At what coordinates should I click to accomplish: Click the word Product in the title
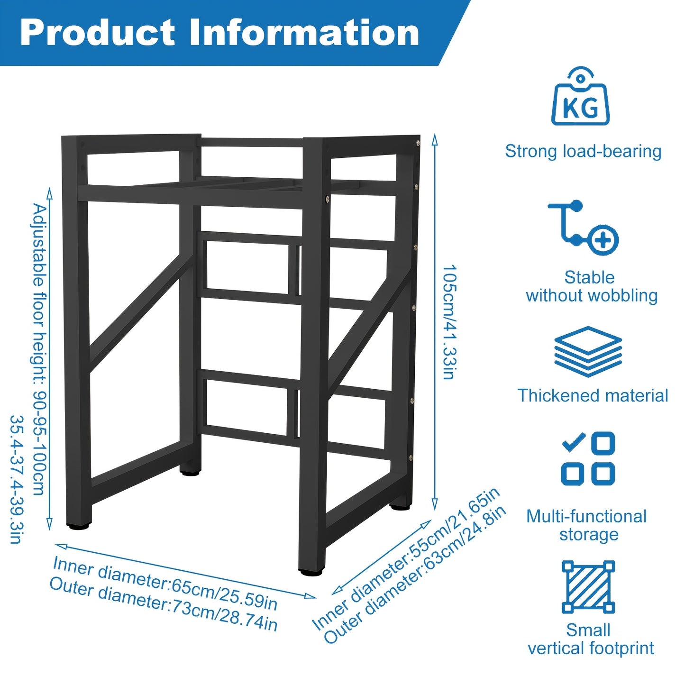coord(97,33)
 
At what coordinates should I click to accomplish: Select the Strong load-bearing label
coord(583,151)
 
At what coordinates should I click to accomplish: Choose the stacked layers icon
coord(588,352)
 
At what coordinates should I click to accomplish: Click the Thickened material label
coord(593,395)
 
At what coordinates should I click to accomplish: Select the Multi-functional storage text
coord(586,525)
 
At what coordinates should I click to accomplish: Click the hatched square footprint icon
coord(588,592)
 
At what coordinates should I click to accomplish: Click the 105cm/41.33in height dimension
coord(449,322)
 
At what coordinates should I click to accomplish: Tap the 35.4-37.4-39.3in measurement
coord(16,480)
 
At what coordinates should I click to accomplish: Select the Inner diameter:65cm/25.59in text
coord(165,584)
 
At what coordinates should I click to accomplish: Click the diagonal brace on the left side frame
coord(141,313)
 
